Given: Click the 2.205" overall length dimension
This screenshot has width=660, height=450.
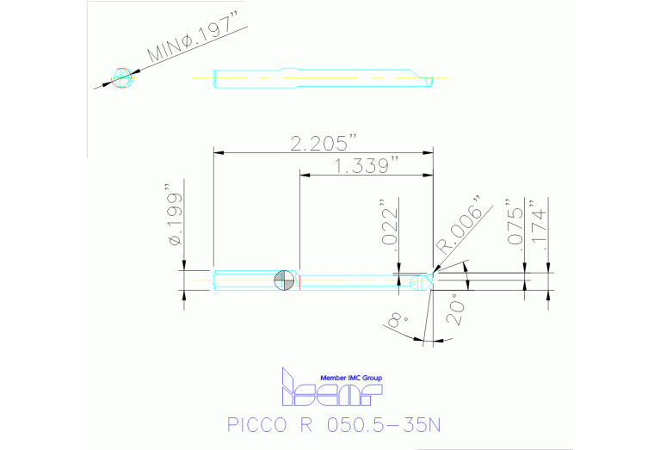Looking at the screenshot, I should point(323,143).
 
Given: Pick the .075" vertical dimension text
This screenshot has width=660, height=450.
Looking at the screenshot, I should point(516,226).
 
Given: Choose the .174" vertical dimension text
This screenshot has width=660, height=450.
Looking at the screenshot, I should point(540,226).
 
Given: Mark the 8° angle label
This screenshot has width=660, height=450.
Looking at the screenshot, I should point(398,320).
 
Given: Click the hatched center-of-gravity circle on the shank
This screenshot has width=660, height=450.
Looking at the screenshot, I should point(285,280).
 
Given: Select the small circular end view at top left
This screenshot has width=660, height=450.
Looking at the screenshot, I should point(123,77).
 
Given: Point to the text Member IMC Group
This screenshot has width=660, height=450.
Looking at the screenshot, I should point(350,378).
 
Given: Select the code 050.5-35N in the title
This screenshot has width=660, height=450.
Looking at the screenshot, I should point(383,424).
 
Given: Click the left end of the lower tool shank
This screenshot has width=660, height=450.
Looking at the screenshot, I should point(214,280).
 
